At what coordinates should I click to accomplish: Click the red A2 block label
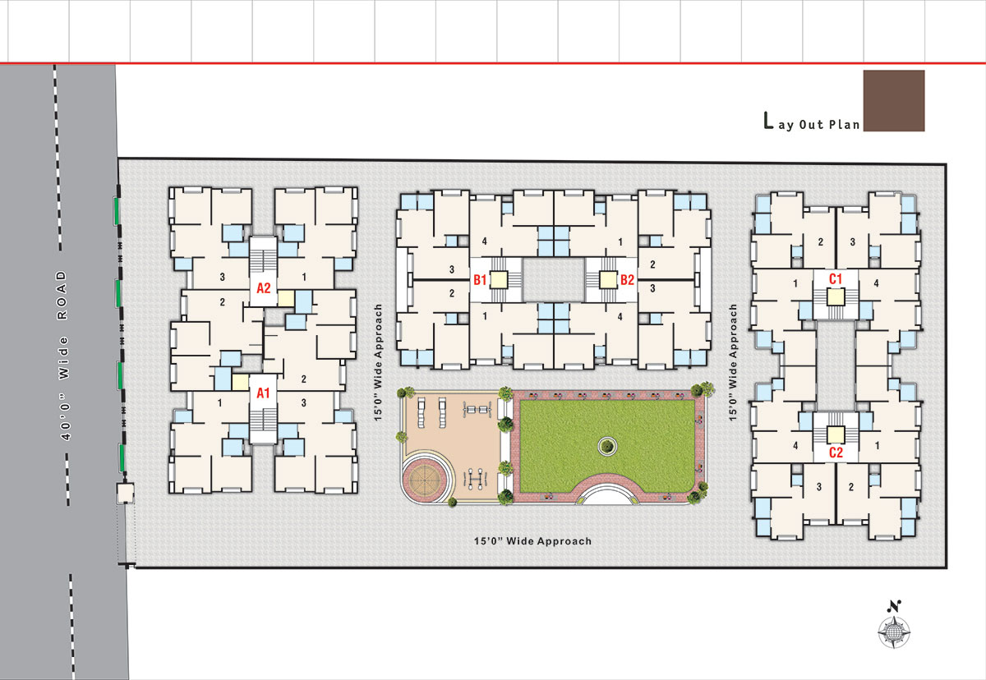pos(263,288)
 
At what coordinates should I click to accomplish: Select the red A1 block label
pos(263,393)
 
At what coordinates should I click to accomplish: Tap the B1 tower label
pos(480,280)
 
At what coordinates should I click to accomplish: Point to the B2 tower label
pos(627,280)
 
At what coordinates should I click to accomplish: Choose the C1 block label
pos(836,279)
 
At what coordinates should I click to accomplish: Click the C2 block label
pos(836,453)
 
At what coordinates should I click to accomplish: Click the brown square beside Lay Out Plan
pos(894,101)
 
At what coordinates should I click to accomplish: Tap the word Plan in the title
pos(845,125)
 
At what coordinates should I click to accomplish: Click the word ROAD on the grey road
pos(62,295)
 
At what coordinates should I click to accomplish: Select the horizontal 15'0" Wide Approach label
pos(532,541)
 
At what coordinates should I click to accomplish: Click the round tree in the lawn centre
pos(607,447)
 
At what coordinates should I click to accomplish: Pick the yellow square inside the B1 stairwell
pos(499,280)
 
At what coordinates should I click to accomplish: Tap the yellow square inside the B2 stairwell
pos(608,280)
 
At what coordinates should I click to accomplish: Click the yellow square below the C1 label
pos(836,297)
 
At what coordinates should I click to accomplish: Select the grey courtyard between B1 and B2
pos(553,280)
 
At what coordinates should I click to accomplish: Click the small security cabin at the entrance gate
pos(126,493)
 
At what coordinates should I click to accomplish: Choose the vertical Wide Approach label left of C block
pos(732,362)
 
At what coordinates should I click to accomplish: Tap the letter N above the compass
pos(894,606)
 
